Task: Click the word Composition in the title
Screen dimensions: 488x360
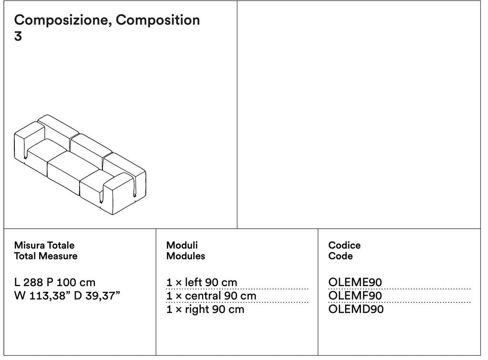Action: pos(158,20)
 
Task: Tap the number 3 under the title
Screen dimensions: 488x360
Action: pos(18,36)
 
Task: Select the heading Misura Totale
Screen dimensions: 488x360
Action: pos(44,245)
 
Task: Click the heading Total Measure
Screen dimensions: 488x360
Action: pos(46,256)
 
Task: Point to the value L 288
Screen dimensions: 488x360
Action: pos(29,282)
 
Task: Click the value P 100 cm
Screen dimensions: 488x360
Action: pos(71,282)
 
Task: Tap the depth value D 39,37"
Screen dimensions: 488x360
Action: pos(97,295)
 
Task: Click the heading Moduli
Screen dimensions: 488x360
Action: pos(182,245)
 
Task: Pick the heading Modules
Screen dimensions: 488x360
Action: pos(186,256)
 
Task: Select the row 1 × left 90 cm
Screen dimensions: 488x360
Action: pos(202,282)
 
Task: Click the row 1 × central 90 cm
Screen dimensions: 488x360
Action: pos(211,296)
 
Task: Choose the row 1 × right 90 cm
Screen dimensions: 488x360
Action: pos(205,310)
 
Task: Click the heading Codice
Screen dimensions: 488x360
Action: pos(345,245)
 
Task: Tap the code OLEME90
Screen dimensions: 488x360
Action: pos(355,282)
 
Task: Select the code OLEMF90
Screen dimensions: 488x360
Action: pos(355,296)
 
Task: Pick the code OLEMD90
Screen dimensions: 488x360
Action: pos(356,310)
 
